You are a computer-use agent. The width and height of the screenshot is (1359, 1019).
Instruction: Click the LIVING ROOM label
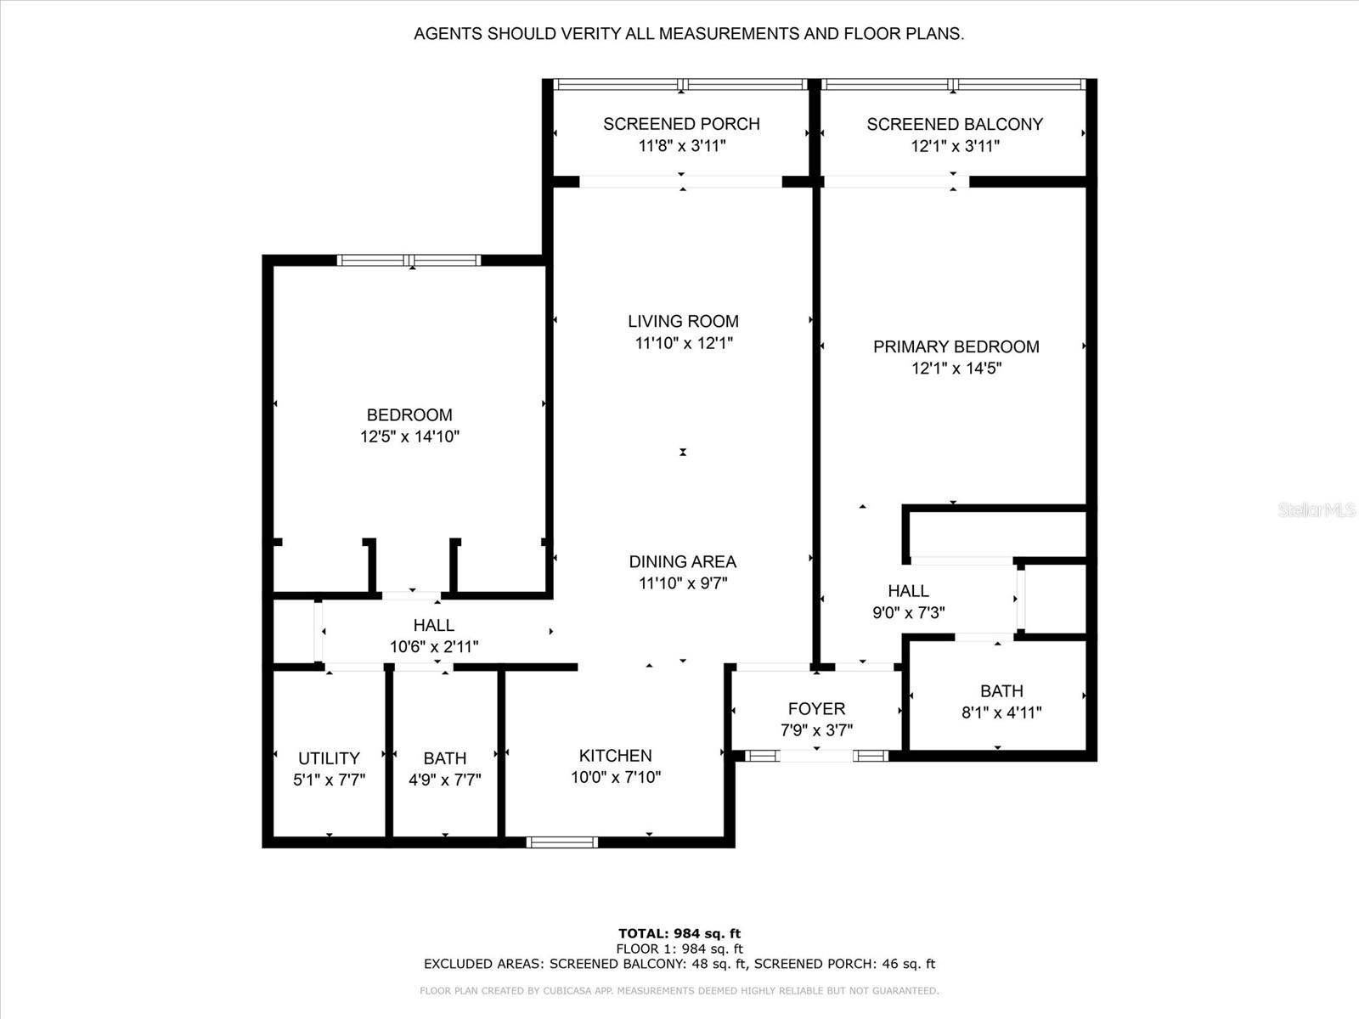683,321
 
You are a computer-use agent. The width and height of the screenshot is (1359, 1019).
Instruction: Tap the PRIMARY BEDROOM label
956,346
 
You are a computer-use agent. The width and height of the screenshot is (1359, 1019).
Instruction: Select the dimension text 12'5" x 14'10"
410,436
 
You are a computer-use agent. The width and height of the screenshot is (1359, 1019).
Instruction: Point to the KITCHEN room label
616,756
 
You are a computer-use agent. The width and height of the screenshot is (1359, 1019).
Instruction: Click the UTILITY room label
329,758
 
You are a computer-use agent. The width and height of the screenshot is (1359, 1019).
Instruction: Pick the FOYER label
816,708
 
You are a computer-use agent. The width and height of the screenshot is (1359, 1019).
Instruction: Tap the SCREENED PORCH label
682,124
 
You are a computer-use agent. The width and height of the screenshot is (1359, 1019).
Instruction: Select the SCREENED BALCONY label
955,124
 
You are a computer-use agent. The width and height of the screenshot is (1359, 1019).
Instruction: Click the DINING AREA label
683,562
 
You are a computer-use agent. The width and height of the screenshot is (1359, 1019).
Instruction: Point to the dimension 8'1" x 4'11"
1001,712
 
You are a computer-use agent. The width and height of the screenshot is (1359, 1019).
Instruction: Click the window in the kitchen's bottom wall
562,842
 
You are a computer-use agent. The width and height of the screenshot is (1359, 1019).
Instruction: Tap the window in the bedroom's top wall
409,261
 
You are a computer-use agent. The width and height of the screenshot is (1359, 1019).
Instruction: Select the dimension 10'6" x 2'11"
434,647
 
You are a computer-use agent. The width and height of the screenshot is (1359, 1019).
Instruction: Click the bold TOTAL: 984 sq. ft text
679,933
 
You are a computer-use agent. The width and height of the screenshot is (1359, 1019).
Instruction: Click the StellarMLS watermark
1317,510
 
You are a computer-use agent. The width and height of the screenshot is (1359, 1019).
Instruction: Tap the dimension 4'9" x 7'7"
444,780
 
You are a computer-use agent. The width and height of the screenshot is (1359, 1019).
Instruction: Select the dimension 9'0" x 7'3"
908,613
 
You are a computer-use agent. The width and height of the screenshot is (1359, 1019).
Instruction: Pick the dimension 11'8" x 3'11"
682,146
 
